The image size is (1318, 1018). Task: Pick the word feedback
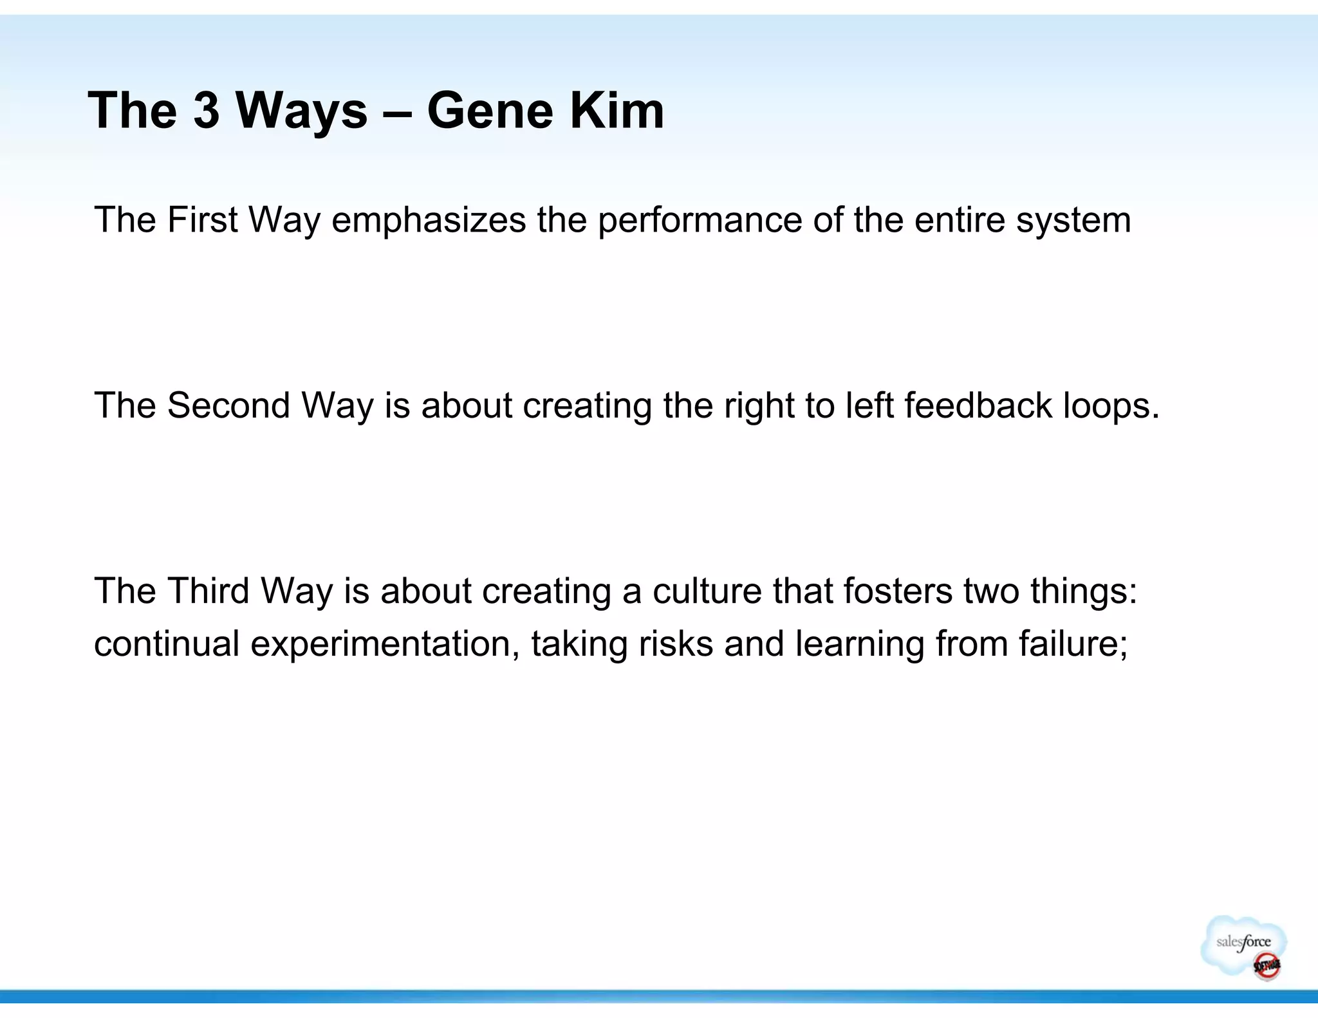click(978, 405)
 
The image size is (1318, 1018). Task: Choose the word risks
click(675, 643)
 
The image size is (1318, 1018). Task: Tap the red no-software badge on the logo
click(1265, 965)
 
